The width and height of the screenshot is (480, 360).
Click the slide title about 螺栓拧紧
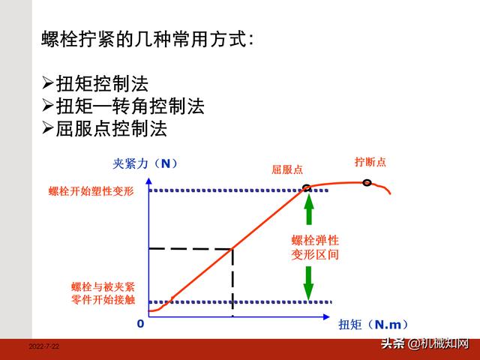148,40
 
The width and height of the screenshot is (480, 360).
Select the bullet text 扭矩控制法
102,84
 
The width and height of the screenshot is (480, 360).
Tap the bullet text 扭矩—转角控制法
130,106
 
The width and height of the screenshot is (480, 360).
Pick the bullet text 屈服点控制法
112,128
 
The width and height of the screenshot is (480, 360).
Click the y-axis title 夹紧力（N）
145,163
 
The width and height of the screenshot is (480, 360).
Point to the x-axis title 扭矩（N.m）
373,325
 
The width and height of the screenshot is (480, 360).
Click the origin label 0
140,323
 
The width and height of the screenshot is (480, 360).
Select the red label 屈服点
287,169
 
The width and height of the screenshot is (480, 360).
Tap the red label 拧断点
370,162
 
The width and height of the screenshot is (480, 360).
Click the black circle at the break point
367,183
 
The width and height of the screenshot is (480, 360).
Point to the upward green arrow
309,209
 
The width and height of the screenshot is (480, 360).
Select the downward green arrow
308,283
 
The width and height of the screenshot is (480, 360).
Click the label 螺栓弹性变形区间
315,247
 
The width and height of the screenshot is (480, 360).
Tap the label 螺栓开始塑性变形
91,191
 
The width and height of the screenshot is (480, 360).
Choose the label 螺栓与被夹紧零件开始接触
103,293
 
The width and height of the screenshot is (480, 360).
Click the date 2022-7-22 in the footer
44,346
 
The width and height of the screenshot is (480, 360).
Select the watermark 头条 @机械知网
425,343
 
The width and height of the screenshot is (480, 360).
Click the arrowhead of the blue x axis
326,316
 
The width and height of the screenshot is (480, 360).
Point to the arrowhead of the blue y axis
148,181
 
